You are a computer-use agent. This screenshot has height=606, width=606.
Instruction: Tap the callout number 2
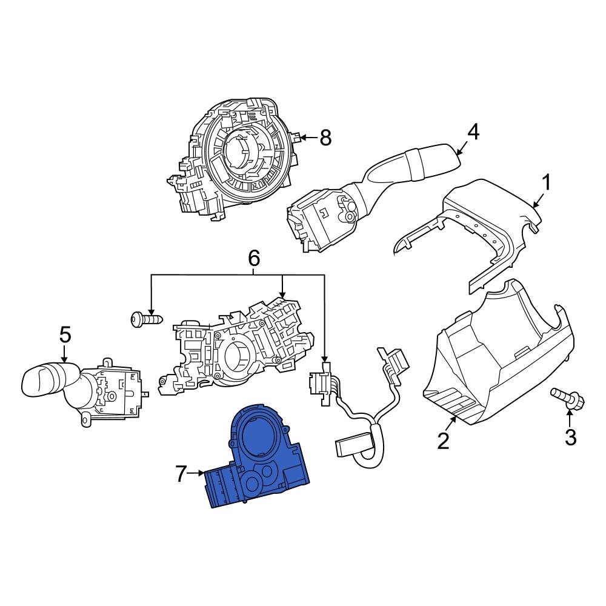tap(444, 441)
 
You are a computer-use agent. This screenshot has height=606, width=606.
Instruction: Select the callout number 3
tap(570, 436)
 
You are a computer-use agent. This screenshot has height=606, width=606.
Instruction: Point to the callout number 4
tap(473, 132)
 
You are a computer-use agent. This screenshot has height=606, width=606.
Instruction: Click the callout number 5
tap(65, 334)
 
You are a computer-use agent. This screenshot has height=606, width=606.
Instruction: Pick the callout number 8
tap(325, 138)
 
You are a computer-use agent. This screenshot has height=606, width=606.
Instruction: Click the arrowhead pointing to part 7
tap(202, 474)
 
